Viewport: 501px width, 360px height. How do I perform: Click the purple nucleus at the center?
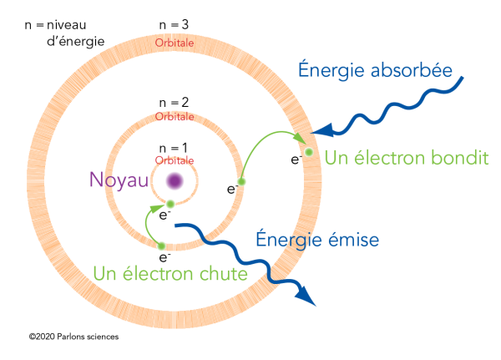click(175, 180)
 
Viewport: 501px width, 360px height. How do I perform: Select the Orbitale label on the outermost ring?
click(175, 42)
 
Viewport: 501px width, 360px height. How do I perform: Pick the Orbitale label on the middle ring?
click(175, 117)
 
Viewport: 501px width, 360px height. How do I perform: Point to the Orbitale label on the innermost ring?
click(175, 159)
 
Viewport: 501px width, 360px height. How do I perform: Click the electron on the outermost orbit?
click(308, 151)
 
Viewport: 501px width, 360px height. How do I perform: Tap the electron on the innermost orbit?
click(170, 204)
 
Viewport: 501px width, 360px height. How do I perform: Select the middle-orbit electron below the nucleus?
click(161, 246)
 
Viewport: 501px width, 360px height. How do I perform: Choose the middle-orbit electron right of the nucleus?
click(241, 181)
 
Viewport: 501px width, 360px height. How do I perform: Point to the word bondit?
click(458, 158)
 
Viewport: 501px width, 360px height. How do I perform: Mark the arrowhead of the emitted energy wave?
click(310, 298)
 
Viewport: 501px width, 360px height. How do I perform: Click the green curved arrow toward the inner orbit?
click(149, 221)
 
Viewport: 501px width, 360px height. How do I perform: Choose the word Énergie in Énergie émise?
click(288, 241)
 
